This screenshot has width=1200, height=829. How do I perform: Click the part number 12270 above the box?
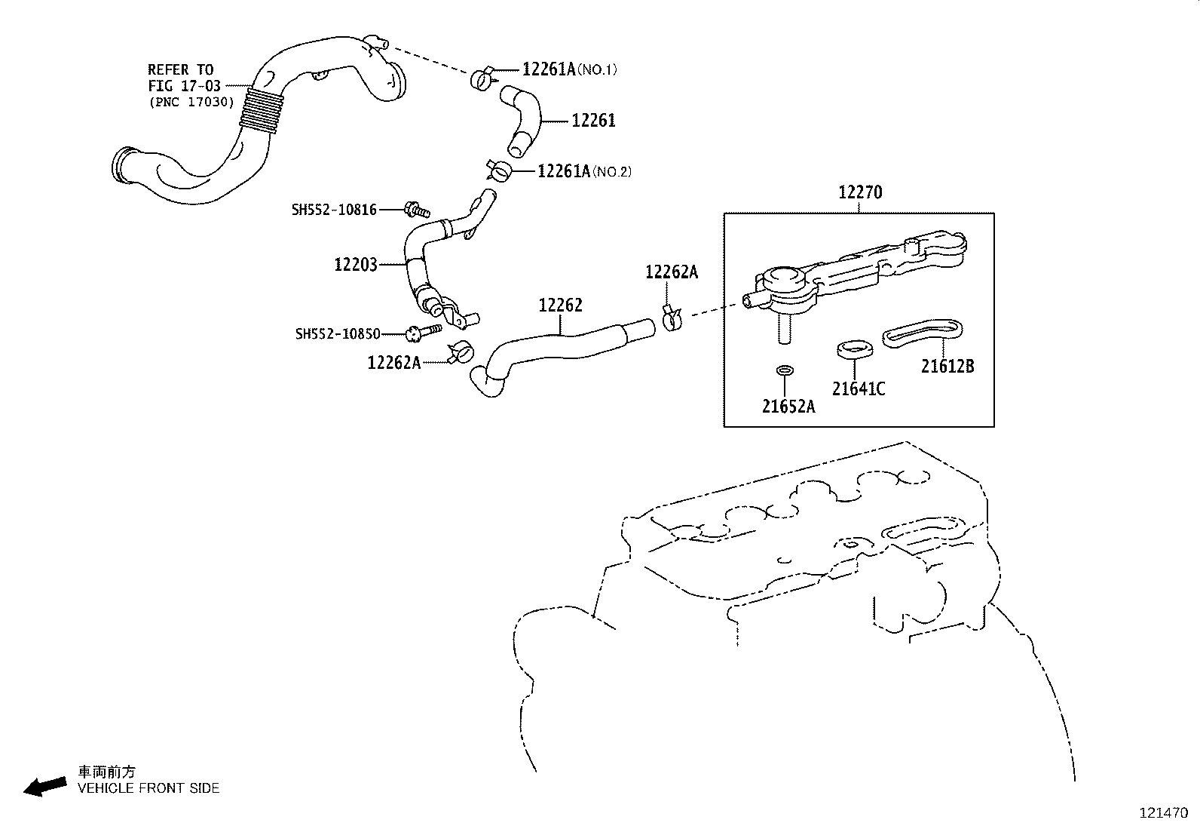point(860,193)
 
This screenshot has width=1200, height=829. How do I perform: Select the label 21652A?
point(788,407)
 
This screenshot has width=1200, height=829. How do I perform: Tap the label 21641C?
point(859,389)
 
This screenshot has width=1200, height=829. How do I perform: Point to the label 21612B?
point(947,367)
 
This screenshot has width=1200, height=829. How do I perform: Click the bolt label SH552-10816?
point(334,210)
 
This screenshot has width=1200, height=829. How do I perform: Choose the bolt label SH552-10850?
point(338,333)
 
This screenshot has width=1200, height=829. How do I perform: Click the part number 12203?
point(356,264)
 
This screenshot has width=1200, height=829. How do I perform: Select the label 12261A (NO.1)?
point(570,69)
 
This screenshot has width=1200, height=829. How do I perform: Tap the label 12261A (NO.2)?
point(584,171)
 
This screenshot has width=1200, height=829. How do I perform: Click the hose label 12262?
point(560,306)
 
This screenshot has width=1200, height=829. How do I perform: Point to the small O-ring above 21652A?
point(785,370)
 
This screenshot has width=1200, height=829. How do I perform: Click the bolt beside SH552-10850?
point(423,332)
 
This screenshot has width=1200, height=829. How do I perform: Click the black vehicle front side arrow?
point(44,786)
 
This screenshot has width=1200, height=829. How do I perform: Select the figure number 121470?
point(1163,813)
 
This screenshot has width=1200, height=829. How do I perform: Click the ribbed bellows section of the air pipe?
point(261,111)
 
